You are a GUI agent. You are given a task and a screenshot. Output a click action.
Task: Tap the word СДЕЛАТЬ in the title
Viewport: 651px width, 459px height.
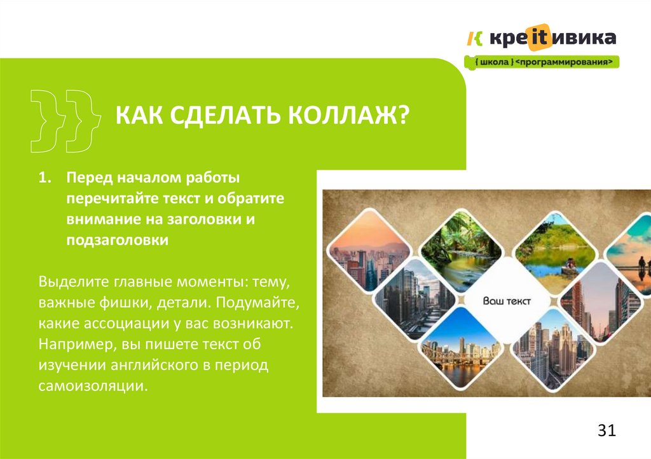pyautogui.click(x=223, y=116)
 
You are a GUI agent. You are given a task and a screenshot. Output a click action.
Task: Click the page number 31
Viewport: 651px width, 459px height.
pyautogui.click(x=607, y=431)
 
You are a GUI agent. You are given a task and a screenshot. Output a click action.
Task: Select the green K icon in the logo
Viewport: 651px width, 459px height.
pyautogui.click(x=475, y=39)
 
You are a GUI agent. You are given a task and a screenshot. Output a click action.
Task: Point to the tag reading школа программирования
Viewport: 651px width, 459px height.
pyautogui.click(x=542, y=62)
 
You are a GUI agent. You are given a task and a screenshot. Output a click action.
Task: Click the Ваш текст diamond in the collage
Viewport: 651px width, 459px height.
pyautogui.click(x=506, y=302)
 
